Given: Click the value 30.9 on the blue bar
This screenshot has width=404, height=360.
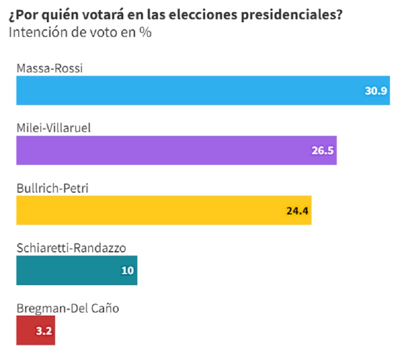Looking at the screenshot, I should (x=376, y=91).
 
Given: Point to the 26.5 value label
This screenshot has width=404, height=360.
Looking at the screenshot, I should (x=323, y=151).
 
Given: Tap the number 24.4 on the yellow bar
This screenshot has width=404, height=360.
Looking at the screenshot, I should (x=297, y=210).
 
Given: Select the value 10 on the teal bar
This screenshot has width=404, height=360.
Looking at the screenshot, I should (x=127, y=271).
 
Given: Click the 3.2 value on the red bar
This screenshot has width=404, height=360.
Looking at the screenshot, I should (x=42, y=331).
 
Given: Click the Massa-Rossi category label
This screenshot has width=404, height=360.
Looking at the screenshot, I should (x=49, y=68).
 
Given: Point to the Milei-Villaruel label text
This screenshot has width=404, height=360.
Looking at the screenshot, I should (x=53, y=127).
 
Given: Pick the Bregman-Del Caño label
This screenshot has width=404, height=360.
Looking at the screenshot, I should (x=68, y=307).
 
